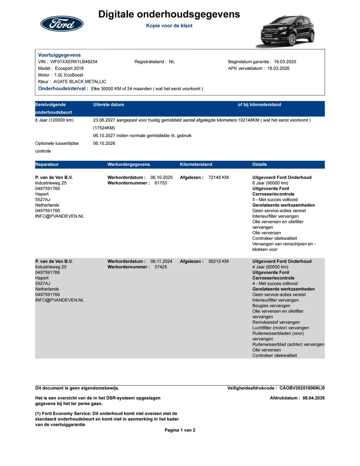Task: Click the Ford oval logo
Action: [x=62, y=24]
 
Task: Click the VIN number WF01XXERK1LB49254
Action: [x=74, y=62]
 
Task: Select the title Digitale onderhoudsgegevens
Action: [x=169, y=14]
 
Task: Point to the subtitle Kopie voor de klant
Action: [x=169, y=26]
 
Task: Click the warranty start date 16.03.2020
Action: [x=285, y=62]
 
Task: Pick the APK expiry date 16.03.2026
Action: [x=278, y=68]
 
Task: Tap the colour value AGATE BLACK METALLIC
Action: [x=79, y=82]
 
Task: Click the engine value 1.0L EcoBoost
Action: [x=69, y=75]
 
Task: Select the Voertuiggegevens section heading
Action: [x=59, y=55]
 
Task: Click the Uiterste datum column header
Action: [x=109, y=104]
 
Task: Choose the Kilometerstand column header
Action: [x=196, y=164]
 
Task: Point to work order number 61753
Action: [x=161, y=183]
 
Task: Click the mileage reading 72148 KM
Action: [x=218, y=177]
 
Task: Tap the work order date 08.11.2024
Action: [x=161, y=261]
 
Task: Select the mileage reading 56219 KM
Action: [x=218, y=261]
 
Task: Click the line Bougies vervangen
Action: [x=271, y=306]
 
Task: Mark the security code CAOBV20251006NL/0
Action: [x=302, y=388]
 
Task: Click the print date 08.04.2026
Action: [x=314, y=398]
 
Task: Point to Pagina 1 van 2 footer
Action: [x=180, y=430]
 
